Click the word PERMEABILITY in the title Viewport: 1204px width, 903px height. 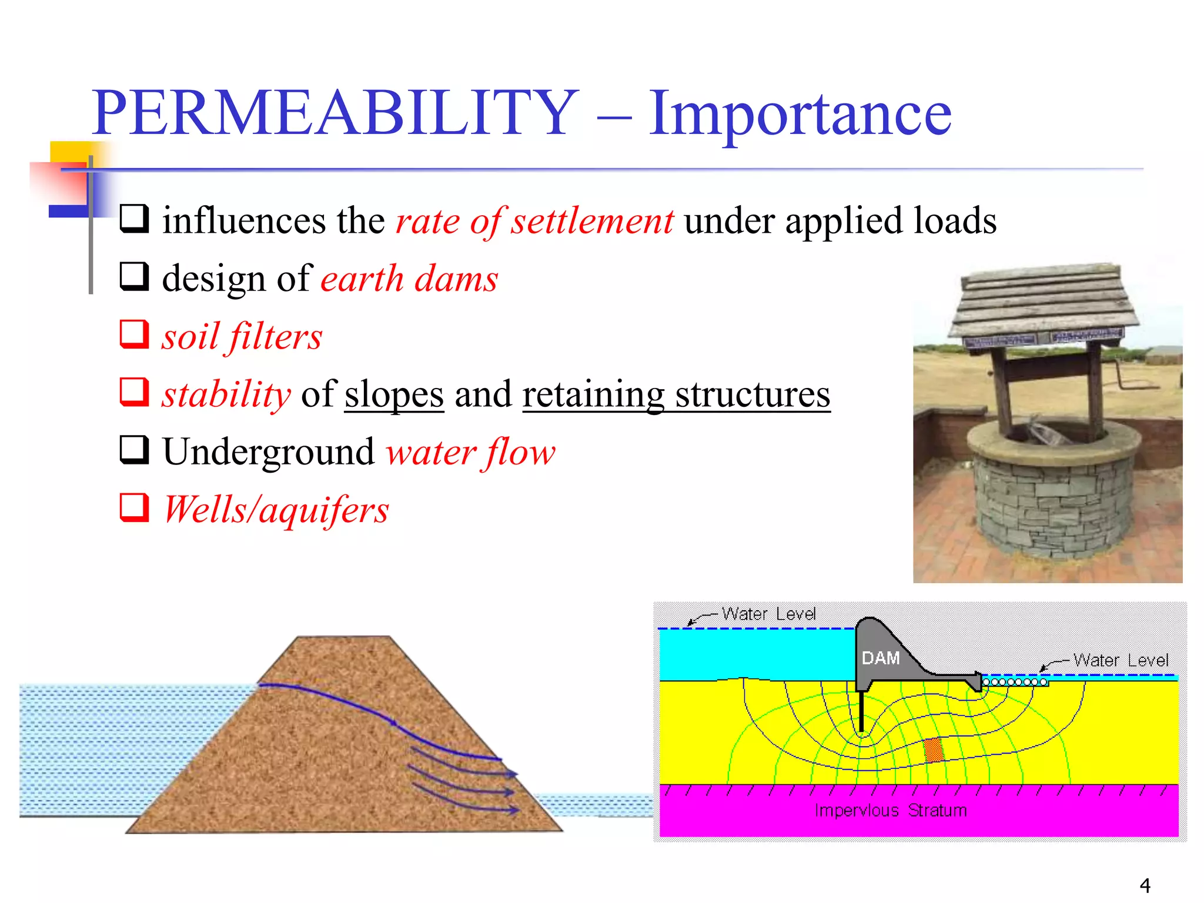coord(335,113)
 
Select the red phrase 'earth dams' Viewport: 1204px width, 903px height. coord(409,279)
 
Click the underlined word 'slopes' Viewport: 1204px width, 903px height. coord(394,394)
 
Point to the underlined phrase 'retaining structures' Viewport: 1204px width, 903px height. coord(676,394)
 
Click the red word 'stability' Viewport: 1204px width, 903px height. coord(226,394)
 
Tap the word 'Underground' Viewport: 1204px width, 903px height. coord(268,452)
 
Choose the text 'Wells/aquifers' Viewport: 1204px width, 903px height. coord(276,510)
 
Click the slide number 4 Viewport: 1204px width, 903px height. coord(1145,885)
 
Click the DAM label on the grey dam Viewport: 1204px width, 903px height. coord(880,658)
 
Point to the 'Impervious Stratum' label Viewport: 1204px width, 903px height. coord(890,811)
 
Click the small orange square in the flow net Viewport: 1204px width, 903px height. coord(933,750)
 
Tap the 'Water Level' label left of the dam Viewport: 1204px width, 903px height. coord(768,614)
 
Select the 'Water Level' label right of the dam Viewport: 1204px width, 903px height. coord(1121,660)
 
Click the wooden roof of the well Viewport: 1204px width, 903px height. coord(1044,303)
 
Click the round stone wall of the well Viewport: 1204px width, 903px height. coord(1052,500)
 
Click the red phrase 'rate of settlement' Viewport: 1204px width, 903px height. coord(534,221)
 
